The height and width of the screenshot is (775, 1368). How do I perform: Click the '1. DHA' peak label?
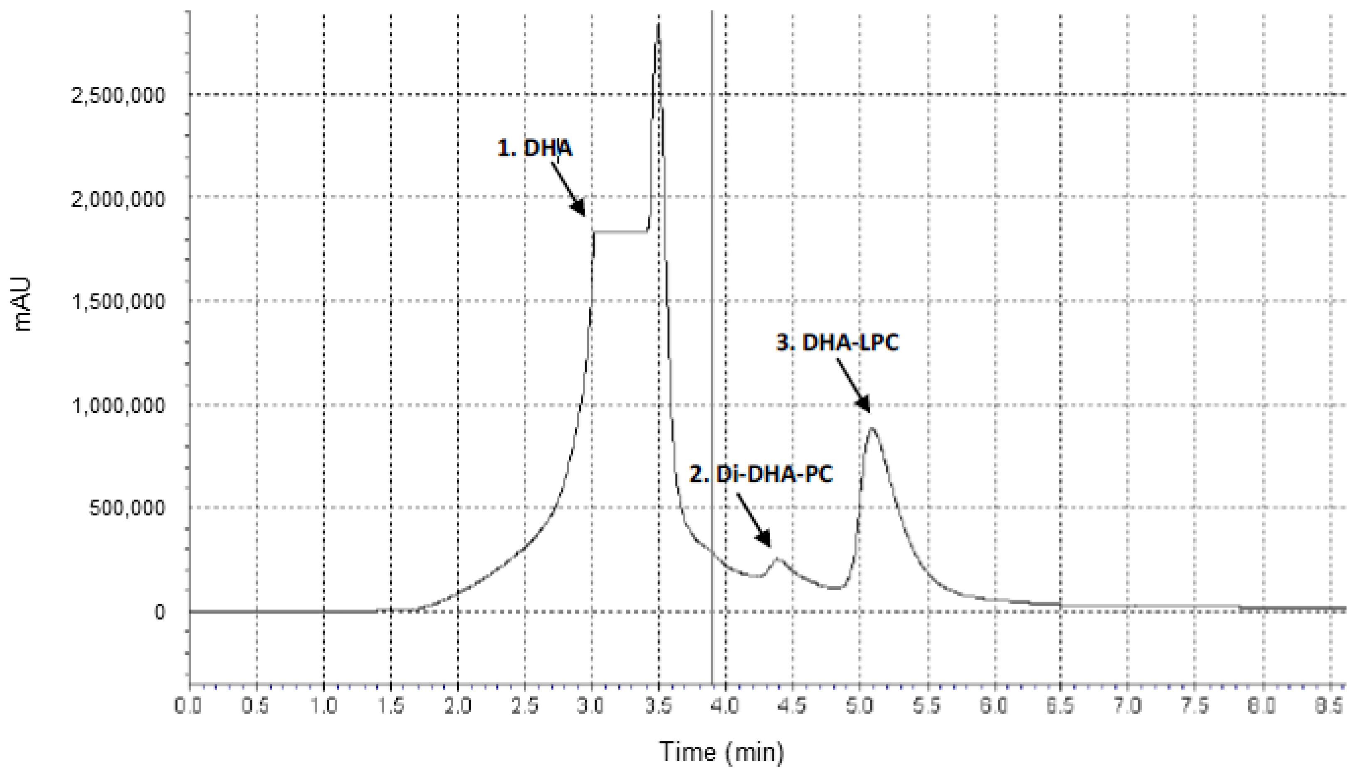(534, 148)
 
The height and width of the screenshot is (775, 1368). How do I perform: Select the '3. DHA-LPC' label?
(837, 342)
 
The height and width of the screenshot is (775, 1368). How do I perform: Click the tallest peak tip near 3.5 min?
(659, 25)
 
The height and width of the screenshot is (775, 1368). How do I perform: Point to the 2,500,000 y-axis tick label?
(118, 96)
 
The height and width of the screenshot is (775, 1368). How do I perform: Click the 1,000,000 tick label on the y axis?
(118, 406)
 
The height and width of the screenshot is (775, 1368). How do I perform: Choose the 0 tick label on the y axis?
(159, 612)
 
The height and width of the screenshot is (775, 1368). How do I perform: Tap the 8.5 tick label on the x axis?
(1329, 706)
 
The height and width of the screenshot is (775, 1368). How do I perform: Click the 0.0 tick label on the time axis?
(190, 706)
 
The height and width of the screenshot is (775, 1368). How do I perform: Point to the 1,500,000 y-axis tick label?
(118, 302)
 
